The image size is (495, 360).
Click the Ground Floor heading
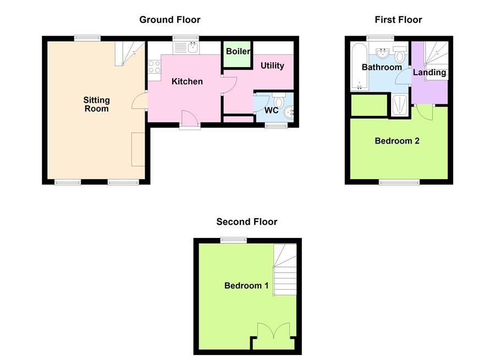click(169, 20)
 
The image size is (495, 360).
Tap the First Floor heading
click(398, 20)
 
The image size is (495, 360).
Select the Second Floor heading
click(246, 222)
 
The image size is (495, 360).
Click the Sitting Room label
click(96, 104)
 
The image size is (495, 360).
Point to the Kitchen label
click(187, 82)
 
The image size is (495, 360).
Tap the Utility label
click(272, 66)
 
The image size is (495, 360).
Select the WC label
click(271, 110)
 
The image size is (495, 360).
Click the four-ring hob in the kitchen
click(154, 67)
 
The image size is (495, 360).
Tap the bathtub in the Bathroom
click(359, 67)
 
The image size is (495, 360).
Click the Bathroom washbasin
click(383, 53)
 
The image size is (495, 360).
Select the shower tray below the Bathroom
click(399, 104)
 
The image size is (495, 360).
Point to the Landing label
click(429, 73)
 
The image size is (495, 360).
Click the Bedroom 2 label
click(397, 141)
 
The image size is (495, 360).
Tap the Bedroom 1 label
click(246, 286)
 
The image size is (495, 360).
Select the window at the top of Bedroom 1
click(233, 240)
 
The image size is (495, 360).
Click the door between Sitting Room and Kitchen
click(140, 102)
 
